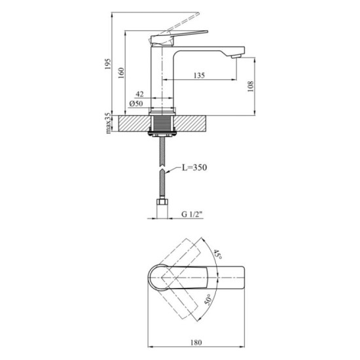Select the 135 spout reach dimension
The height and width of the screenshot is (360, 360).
click(199, 76)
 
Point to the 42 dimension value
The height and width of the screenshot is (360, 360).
click(140, 94)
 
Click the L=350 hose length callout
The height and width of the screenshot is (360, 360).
click(192, 169)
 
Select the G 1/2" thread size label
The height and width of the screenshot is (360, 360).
click(190, 214)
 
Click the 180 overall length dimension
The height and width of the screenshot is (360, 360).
click(196, 340)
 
